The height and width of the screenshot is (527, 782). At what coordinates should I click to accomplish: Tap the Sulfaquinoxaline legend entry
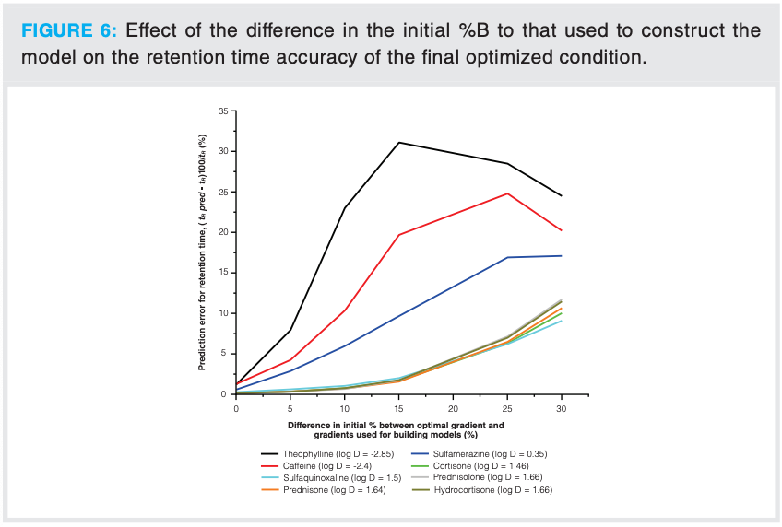pyautogui.click(x=342, y=478)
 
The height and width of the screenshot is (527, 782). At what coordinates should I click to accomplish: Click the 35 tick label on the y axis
pyautogui.click(x=224, y=111)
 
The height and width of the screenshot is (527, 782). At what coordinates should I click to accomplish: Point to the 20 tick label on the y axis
pyautogui.click(x=224, y=232)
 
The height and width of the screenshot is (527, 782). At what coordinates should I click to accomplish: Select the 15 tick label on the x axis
pyautogui.click(x=399, y=406)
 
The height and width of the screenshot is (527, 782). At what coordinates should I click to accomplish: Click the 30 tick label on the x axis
pyautogui.click(x=562, y=406)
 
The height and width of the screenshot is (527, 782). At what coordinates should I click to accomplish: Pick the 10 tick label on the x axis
pyautogui.click(x=345, y=406)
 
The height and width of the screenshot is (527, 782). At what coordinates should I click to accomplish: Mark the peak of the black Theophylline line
pyautogui.click(x=399, y=142)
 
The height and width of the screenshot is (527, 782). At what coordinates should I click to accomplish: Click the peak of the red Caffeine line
pyautogui.click(x=507, y=193)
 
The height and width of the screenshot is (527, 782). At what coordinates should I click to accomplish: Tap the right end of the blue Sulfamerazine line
pyautogui.click(x=561, y=256)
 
